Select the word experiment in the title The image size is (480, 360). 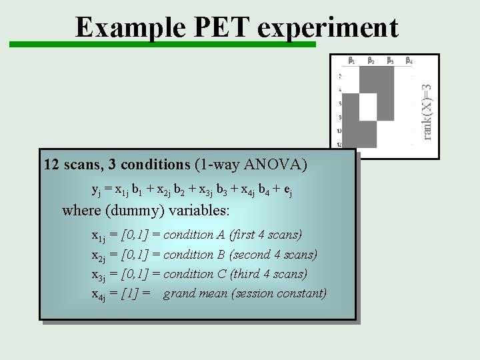327,28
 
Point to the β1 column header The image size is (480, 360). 352,61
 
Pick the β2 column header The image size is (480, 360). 371,61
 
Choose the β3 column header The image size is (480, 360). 390,61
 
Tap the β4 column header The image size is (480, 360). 409,61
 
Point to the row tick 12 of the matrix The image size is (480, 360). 340,145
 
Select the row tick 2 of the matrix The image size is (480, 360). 340,75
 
